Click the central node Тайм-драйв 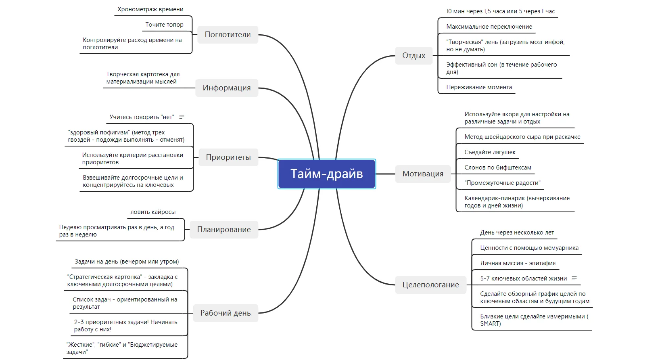327,174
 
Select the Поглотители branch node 228,35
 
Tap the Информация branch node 227,88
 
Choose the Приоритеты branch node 228,157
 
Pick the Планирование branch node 224,230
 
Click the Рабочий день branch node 226,313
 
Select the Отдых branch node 413,56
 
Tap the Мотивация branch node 423,174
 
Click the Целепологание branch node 430,285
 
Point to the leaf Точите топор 164,25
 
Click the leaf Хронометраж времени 150,9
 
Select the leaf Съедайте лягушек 490,152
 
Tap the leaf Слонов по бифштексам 497,167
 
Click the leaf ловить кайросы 153,212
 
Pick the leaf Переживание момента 479,87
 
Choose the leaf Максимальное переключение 489,27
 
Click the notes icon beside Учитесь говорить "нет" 182,117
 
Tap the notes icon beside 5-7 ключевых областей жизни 574,278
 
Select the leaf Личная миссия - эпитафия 518,263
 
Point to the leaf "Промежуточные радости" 502,183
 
